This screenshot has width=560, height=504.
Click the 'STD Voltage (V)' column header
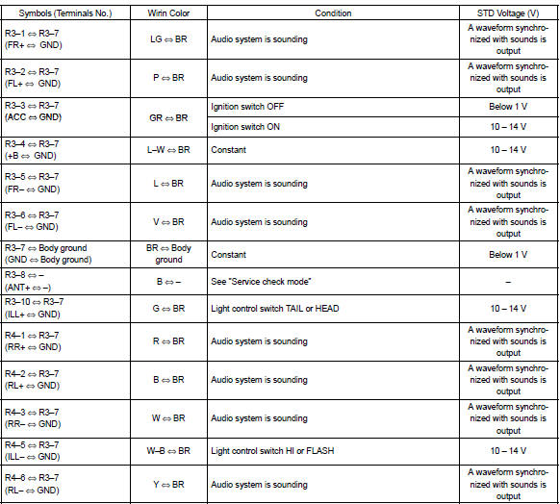pyautogui.click(x=507, y=13)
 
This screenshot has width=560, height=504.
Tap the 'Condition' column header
pyautogui.click(x=333, y=13)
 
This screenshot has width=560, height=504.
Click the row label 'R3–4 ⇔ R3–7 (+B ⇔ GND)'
pyautogui.click(x=38, y=150)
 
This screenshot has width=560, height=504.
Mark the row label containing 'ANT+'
pyautogui.click(x=38, y=281)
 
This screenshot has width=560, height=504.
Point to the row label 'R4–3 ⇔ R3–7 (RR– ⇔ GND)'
pyautogui.click(x=38, y=418)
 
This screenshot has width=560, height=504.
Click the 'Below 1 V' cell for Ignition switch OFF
pyautogui.click(x=507, y=107)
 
